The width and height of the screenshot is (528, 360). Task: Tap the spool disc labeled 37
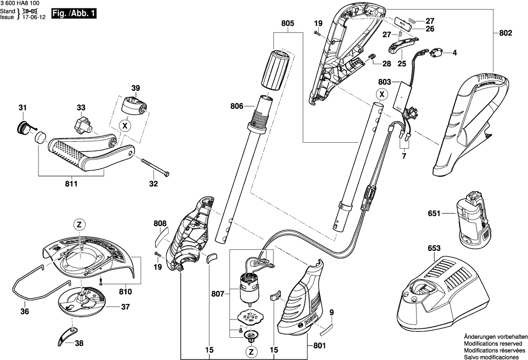tap(82, 305)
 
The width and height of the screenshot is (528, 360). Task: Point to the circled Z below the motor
tap(252, 352)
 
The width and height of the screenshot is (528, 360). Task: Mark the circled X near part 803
tap(381, 94)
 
